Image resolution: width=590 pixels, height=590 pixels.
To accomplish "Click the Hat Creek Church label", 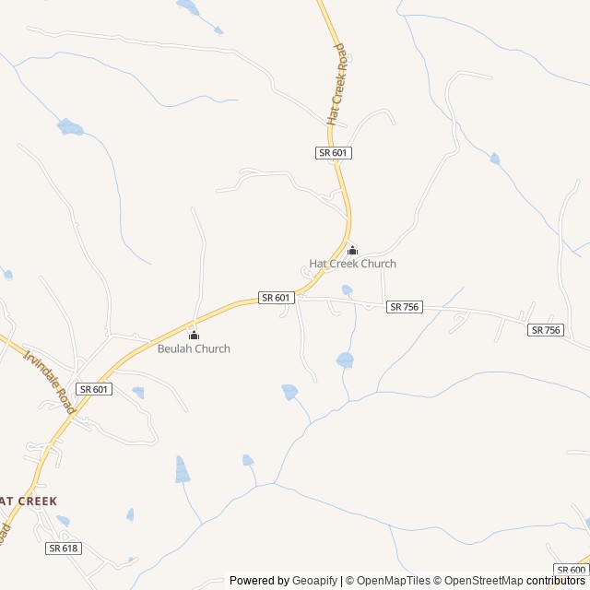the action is [x=352, y=264].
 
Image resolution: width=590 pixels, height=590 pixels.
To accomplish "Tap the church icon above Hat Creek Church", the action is [x=351, y=250].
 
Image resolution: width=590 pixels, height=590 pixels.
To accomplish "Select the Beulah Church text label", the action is [x=194, y=348].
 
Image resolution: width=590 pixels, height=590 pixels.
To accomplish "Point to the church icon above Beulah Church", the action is [x=194, y=335].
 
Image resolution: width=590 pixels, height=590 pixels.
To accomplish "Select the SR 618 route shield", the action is [x=64, y=548].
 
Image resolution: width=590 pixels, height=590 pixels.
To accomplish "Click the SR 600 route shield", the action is [x=572, y=570].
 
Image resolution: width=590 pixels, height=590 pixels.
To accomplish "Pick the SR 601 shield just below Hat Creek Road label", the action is [x=334, y=153].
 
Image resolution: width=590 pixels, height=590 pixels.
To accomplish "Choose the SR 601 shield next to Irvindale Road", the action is [x=94, y=389].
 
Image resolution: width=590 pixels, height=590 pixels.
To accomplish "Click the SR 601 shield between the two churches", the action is [x=277, y=297].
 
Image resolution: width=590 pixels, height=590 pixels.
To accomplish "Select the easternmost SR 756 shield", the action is [x=546, y=329].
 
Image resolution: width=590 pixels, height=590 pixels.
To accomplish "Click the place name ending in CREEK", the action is [x=29, y=501].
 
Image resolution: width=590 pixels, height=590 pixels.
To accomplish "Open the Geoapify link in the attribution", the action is [x=314, y=581].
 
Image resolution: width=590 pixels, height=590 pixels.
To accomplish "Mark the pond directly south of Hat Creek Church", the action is [x=345, y=360].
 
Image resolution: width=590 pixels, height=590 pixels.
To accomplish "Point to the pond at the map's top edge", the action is [x=188, y=7].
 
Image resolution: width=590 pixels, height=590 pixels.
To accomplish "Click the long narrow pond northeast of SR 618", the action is [x=182, y=469].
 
